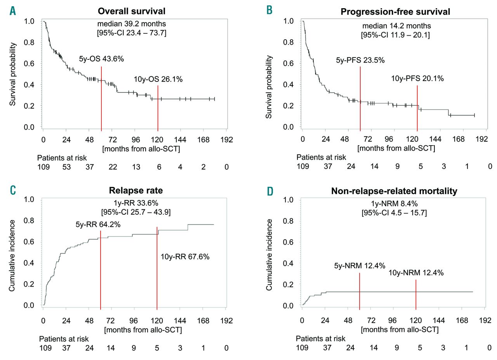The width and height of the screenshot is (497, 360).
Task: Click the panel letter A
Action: [x=13, y=11]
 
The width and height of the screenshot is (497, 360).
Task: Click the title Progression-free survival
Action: [x=395, y=12]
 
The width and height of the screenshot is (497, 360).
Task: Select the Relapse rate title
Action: [x=136, y=190]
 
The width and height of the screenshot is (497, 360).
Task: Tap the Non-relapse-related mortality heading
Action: [x=394, y=191]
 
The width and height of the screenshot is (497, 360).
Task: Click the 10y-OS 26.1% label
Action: [x=158, y=79]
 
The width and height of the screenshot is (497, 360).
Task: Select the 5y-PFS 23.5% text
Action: [x=360, y=60]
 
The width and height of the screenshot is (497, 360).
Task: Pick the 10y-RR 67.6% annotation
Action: [x=185, y=256]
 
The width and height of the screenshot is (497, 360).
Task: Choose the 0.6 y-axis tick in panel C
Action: [x=30, y=242]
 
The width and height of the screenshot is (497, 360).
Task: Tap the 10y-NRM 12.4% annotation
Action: [x=416, y=273]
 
